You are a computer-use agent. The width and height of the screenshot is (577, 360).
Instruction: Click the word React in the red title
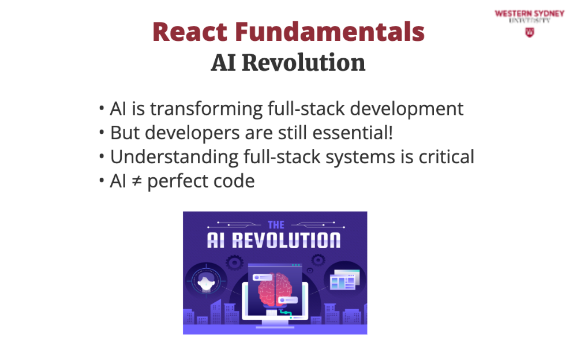click(190, 32)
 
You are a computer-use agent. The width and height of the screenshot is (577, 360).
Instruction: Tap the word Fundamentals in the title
click(329, 32)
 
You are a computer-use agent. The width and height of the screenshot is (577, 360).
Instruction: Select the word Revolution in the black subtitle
click(304, 62)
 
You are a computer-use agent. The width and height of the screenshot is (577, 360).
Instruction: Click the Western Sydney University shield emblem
click(530, 32)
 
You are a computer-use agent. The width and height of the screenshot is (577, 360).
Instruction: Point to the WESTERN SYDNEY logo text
click(530, 14)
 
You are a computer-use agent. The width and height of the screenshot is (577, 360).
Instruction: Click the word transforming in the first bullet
click(206, 109)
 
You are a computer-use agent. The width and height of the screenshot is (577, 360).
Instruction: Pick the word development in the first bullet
click(407, 109)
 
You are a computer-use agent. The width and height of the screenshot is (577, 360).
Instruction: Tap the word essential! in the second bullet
click(353, 133)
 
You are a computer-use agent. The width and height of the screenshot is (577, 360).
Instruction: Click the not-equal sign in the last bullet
click(137, 181)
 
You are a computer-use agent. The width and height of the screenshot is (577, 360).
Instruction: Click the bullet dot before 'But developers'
click(102, 133)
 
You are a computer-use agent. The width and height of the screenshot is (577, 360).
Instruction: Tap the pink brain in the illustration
click(275, 289)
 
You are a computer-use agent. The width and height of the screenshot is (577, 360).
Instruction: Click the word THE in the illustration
click(276, 225)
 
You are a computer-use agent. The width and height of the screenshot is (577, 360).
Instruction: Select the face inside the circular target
click(206, 282)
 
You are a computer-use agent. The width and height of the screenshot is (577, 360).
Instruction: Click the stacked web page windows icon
click(344, 280)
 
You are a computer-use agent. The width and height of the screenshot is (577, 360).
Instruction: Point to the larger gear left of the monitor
click(234, 263)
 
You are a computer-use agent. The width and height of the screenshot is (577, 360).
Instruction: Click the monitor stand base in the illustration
click(275, 326)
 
